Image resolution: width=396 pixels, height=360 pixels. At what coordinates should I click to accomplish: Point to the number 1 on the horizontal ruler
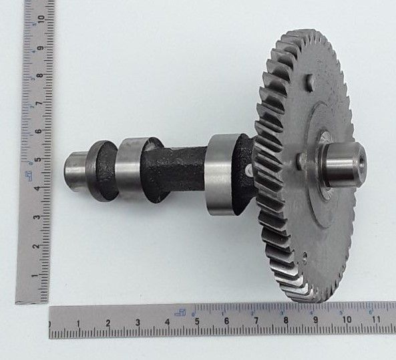tap(79, 325)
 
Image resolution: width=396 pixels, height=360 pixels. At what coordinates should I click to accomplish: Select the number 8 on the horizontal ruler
tap(286, 322)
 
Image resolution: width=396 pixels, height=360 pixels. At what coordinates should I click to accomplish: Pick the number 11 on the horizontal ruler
tap(375, 321)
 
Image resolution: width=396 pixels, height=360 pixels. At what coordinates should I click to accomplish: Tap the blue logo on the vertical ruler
tap(28, 176)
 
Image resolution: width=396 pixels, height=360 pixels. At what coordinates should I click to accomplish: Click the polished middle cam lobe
tap(131, 168)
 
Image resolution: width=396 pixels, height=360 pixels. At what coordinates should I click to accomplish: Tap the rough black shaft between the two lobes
tap(175, 172)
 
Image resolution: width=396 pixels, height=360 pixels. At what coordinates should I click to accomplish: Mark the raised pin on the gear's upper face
tap(309, 82)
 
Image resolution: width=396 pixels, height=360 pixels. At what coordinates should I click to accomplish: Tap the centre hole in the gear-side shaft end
tap(359, 162)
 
